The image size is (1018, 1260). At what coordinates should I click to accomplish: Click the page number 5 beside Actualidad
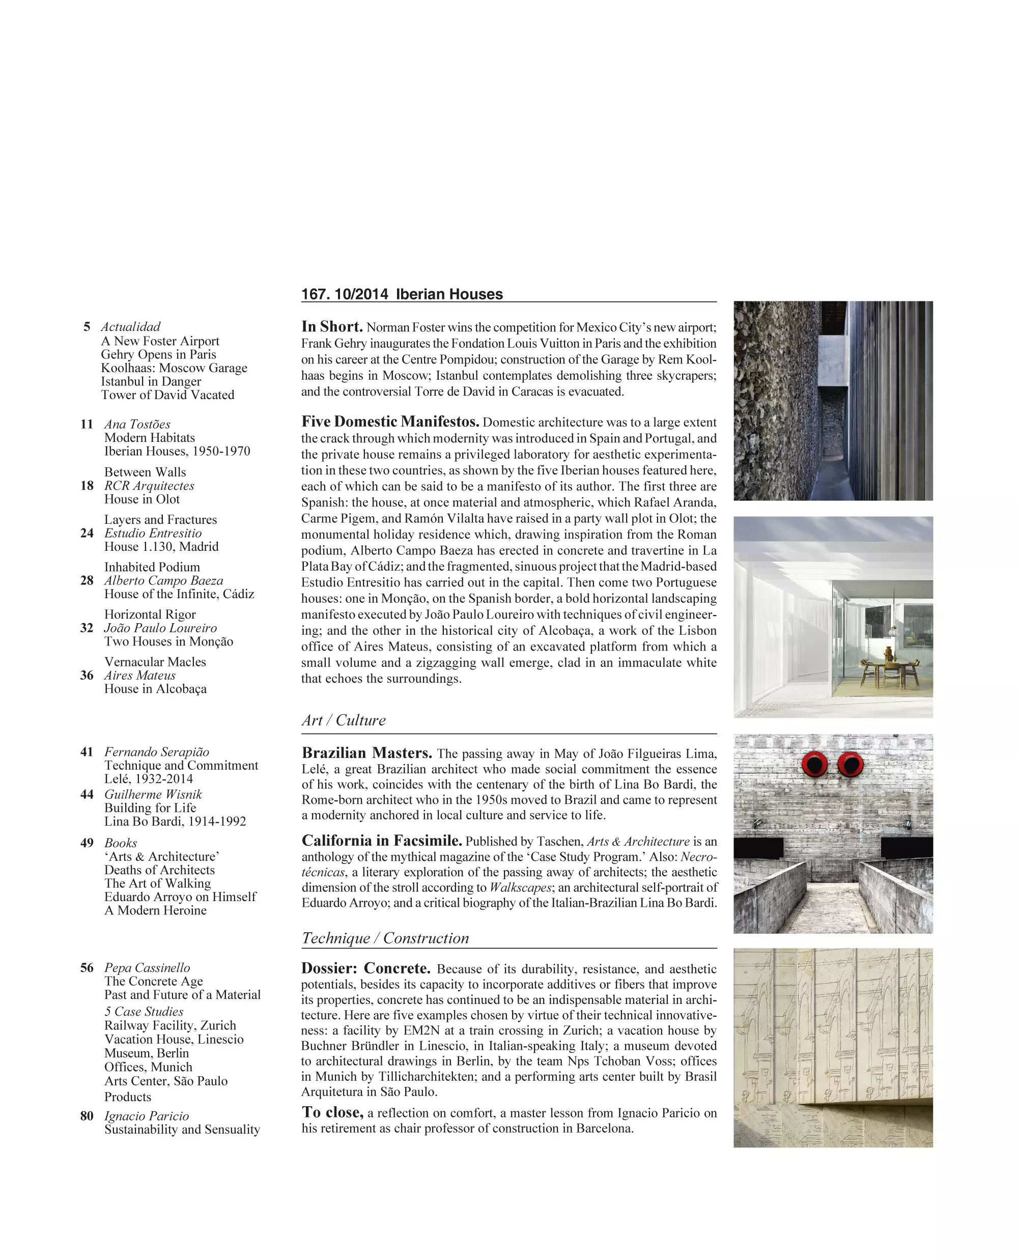87,327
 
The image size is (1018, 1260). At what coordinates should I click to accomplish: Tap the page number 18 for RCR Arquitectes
87,486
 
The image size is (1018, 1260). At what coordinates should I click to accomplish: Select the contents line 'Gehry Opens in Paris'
158,354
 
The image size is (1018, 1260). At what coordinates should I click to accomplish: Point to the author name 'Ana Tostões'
137,424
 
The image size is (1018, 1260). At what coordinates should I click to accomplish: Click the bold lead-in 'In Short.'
332,327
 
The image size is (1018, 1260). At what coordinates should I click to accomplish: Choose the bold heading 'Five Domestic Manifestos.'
390,421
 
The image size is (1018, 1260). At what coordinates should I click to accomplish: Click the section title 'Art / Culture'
344,720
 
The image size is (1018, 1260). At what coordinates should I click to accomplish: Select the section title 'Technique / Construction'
385,938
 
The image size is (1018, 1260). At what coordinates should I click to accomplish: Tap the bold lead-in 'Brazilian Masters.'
366,752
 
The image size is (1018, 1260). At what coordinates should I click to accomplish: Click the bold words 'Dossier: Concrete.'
366,968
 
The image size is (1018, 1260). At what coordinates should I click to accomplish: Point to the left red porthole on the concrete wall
814,764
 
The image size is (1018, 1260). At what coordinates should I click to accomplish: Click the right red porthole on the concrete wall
851,764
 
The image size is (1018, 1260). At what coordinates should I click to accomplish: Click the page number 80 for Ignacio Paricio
87,1116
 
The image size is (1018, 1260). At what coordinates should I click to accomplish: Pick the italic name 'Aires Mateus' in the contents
140,675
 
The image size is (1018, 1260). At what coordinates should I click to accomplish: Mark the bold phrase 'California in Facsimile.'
382,841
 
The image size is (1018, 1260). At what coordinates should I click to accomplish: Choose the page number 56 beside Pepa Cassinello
87,967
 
